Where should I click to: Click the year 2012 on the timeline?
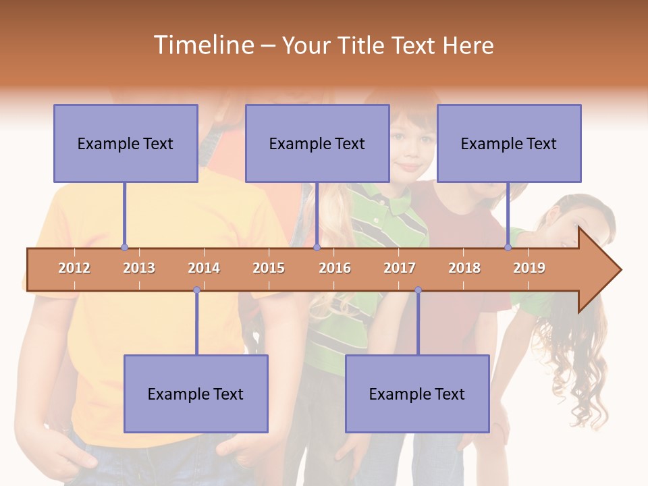click(74, 268)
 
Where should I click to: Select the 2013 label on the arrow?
click(139, 268)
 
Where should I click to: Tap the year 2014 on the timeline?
click(204, 268)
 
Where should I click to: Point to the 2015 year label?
click(269, 268)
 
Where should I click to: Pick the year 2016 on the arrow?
click(335, 268)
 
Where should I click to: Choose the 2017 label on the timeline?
click(400, 268)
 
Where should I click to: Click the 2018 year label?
click(464, 268)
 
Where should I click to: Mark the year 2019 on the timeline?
click(529, 268)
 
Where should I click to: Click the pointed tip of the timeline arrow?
click(620, 270)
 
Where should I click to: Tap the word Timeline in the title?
click(203, 45)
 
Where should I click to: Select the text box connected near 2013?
click(126, 143)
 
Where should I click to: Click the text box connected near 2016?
click(317, 143)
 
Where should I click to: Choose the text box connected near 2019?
click(509, 143)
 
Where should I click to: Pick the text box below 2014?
click(196, 394)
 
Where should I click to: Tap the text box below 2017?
click(417, 394)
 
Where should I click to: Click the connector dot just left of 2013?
click(124, 248)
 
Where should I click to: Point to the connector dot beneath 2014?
click(196, 290)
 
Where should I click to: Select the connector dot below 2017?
click(418, 290)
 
